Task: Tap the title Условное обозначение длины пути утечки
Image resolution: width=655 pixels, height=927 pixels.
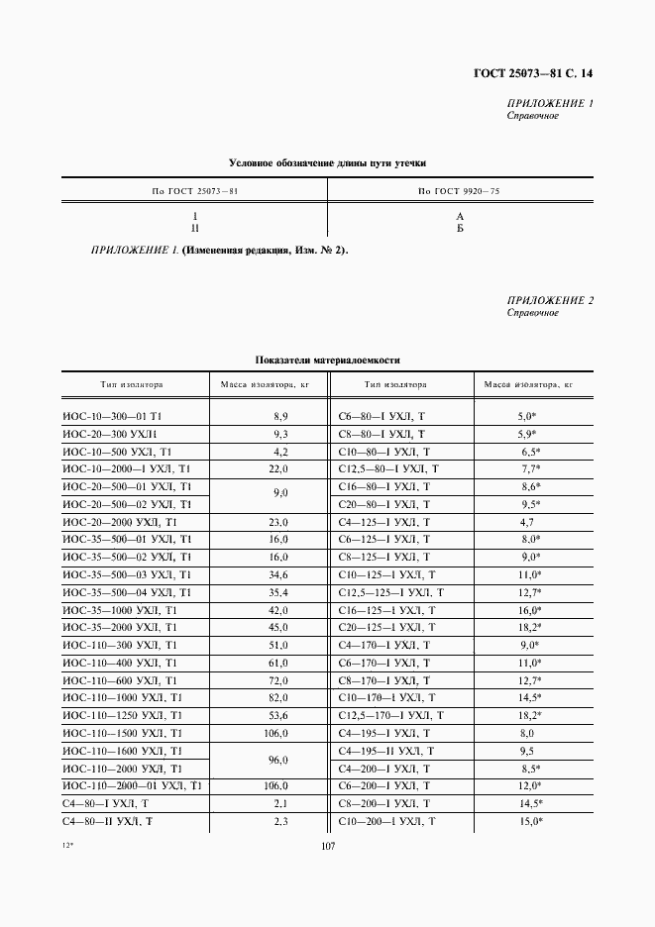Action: (x=327, y=162)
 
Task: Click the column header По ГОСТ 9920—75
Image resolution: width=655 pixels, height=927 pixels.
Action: (x=460, y=189)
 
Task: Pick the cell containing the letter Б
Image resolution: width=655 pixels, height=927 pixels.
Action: (x=460, y=229)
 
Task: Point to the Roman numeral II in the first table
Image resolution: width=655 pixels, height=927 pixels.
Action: (x=195, y=229)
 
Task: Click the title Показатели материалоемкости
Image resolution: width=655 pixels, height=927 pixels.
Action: (x=327, y=360)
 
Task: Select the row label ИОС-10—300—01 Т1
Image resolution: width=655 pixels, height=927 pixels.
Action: (x=112, y=418)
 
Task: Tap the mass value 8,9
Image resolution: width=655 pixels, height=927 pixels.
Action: (x=280, y=418)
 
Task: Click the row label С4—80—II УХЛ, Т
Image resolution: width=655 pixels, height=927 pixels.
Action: (x=105, y=822)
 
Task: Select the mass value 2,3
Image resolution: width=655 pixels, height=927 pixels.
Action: (x=280, y=822)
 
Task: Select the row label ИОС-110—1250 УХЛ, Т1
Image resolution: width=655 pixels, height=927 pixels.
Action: (x=122, y=714)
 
